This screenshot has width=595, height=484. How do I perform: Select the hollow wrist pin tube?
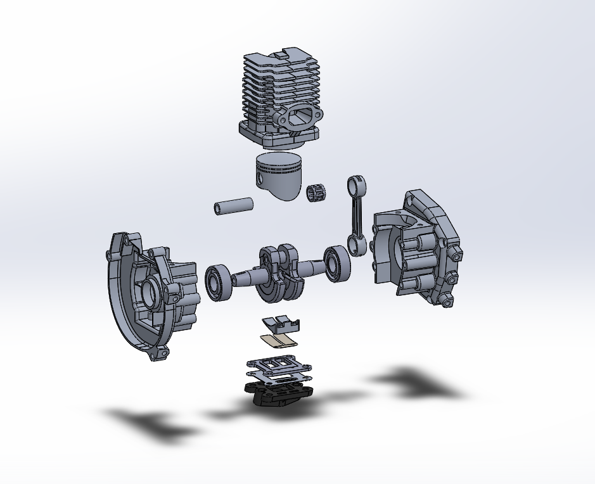pyautogui.click(x=233, y=207)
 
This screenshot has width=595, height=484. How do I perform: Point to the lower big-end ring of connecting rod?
pyautogui.click(x=356, y=246)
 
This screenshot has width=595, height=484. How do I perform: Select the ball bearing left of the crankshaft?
pyautogui.click(x=219, y=281)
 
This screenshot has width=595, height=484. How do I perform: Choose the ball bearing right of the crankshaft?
pyautogui.click(x=336, y=262)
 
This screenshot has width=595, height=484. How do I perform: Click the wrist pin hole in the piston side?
pyautogui.click(x=262, y=180)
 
